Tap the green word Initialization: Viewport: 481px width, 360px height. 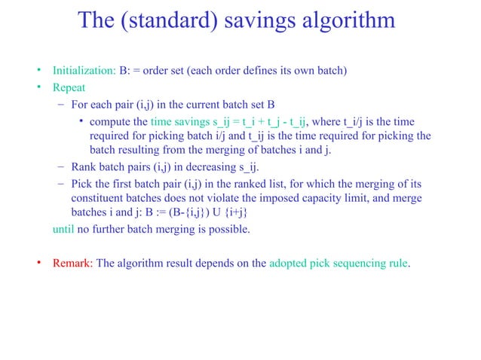(x=84, y=72)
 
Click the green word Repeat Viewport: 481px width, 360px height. (x=69, y=88)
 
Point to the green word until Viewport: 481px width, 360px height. (x=62, y=229)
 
